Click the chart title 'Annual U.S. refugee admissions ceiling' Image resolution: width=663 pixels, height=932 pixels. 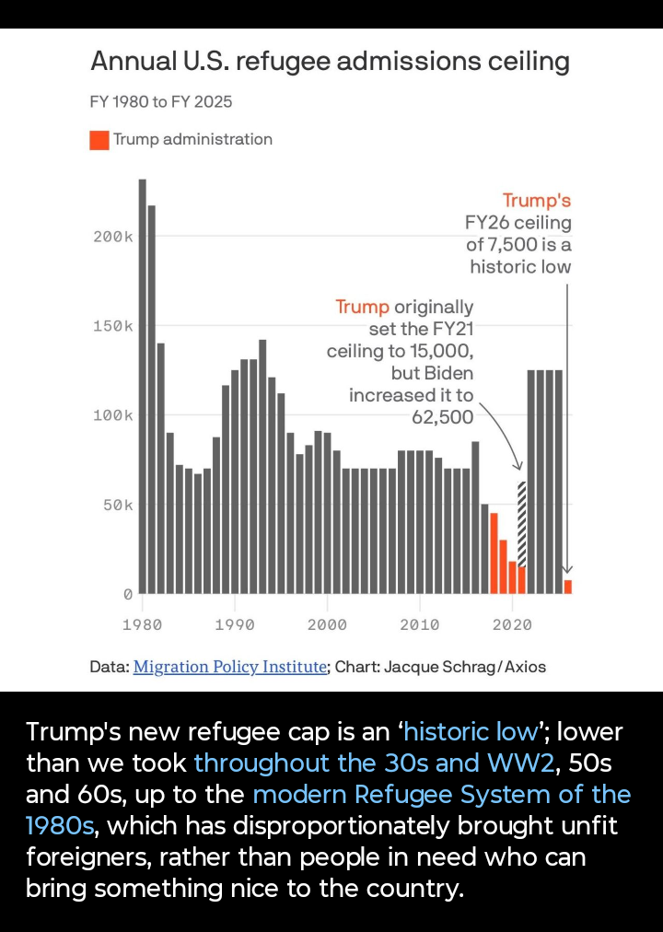(330, 63)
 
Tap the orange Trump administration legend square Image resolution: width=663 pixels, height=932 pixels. (99, 140)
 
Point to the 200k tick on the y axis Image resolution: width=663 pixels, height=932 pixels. (114, 238)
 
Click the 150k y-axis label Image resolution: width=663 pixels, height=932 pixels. (114, 327)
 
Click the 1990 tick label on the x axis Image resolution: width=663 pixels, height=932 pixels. (235, 625)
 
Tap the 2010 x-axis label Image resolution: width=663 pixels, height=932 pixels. (420, 625)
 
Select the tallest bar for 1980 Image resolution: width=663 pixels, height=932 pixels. (143, 387)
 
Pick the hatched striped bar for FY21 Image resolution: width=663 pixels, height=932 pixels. (522, 523)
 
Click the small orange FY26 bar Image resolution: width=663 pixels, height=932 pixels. (568, 587)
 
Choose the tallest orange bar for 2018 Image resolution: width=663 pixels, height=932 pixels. (494, 553)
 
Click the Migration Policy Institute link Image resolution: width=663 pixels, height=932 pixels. (230, 667)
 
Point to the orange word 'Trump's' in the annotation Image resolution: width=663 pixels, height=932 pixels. (537, 201)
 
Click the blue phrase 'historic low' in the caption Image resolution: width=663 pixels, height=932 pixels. (470, 732)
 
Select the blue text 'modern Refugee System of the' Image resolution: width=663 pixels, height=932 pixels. (442, 795)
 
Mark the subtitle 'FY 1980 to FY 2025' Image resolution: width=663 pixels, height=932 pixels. (161, 102)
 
